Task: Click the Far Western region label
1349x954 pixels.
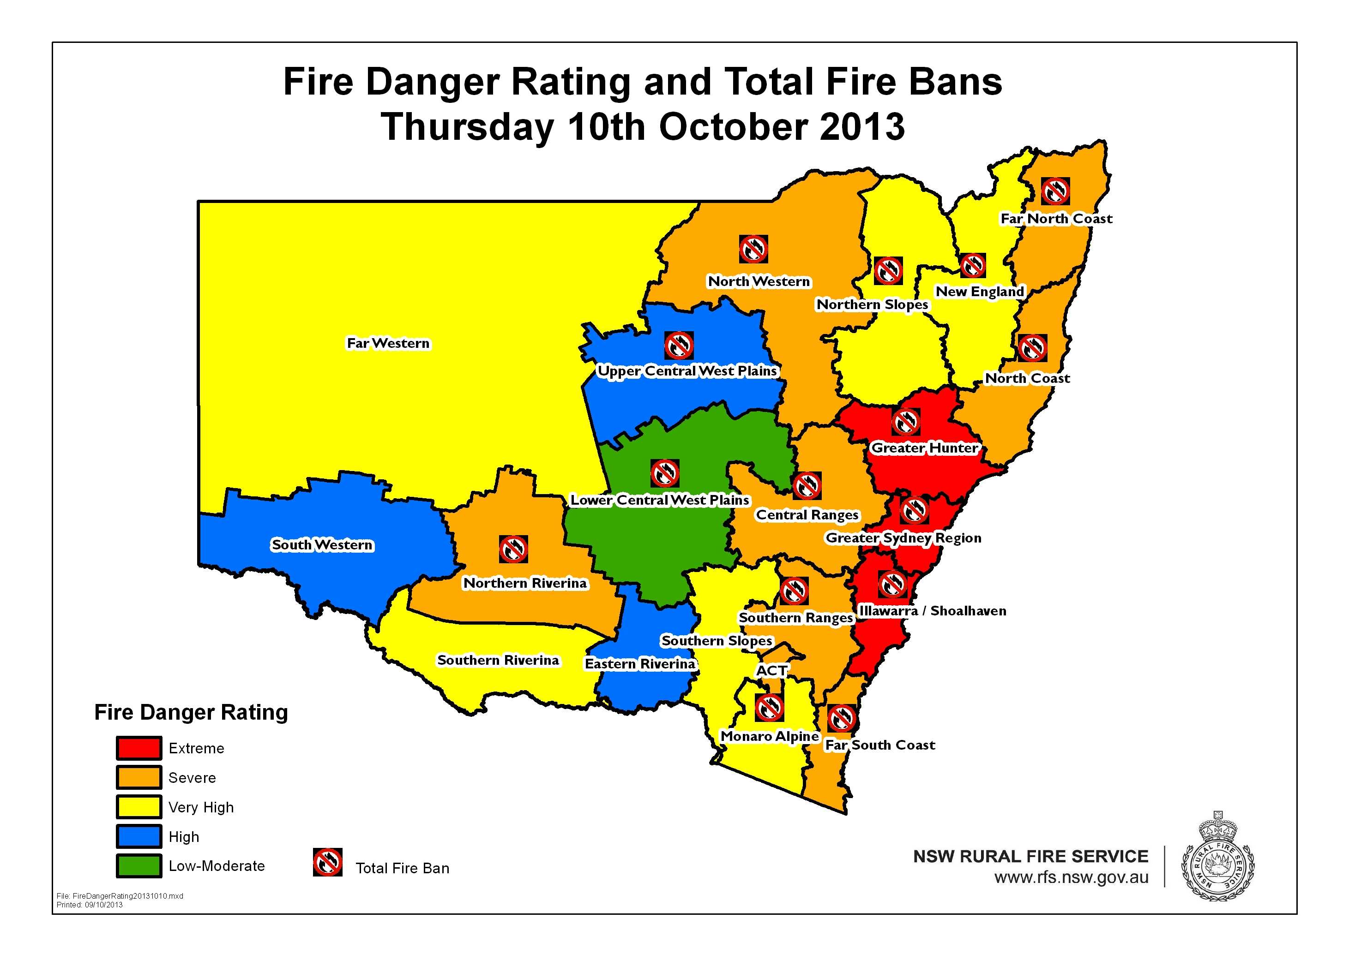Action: pos(388,343)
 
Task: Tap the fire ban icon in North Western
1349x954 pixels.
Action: pos(753,249)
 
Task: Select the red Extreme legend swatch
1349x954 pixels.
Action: pos(138,748)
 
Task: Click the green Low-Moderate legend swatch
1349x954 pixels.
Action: pos(138,866)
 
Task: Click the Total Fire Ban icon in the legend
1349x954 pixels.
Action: pos(327,862)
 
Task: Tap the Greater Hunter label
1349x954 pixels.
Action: pos(924,447)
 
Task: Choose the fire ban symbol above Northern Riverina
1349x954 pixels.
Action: pos(513,549)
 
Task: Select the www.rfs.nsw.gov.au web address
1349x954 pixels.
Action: pos(1071,877)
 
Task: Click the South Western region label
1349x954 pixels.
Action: pos(321,545)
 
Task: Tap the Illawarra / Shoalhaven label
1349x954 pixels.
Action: pos(932,611)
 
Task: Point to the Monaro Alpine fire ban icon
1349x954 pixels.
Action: pos(769,707)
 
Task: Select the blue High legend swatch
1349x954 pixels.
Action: pos(138,836)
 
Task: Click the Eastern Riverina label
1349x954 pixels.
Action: pos(639,664)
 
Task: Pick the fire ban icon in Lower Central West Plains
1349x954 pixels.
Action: pos(665,473)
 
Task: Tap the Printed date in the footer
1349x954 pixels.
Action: pos(90,905)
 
